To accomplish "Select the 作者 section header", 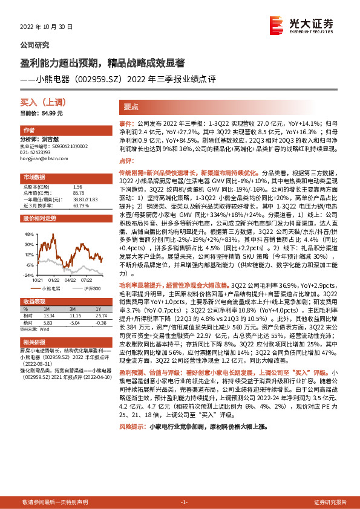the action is click(28, 131).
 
